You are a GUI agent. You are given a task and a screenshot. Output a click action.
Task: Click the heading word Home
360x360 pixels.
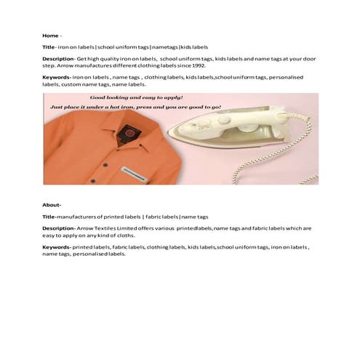pyautogui.click(x=49, y=35)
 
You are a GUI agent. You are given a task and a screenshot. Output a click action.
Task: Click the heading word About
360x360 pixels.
pyautogui.click(x=51, y=204)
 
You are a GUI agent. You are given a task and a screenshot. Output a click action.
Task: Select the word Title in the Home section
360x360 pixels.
pyautogui.click(x=49, y=46)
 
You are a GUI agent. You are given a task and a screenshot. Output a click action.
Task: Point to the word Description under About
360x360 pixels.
pyautogui.click(x=58, y=228)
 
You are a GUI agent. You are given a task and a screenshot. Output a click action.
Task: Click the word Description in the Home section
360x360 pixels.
pyautogui.click(x=58, y=58)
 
